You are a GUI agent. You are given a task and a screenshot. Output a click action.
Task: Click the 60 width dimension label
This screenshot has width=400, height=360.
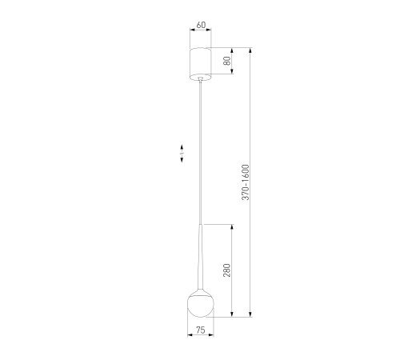click(201, 25)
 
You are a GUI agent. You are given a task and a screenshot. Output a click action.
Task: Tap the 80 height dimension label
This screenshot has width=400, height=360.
click(227, 61)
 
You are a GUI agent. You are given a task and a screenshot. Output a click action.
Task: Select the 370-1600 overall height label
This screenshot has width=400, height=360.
click(245, 182)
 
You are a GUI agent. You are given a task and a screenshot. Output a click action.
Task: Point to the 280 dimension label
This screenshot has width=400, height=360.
click(226, 270)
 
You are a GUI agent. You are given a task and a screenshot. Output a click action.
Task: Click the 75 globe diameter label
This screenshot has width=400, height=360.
click(201, 330)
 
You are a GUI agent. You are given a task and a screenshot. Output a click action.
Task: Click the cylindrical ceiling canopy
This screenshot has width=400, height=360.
click(200, 64)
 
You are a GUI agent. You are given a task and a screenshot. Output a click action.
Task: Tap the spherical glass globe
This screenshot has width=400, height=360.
click(201, 306)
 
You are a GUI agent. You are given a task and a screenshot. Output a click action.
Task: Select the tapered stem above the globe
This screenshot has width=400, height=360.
click(201, 258)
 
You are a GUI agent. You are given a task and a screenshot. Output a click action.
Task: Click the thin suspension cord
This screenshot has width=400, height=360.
click(201, 152)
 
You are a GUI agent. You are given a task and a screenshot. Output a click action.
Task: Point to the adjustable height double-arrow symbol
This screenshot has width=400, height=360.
click(182, 154)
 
